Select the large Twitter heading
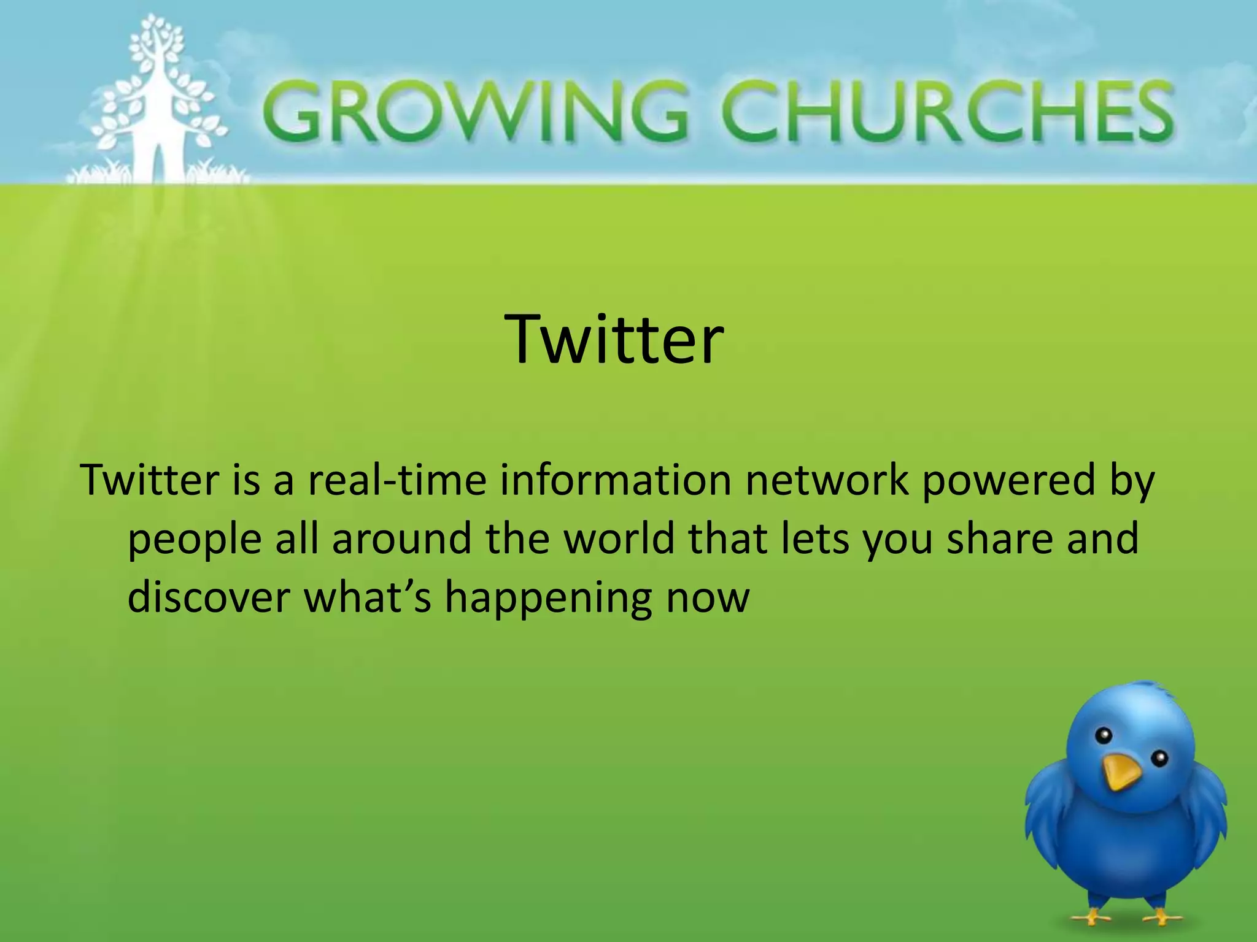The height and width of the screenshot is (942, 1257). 614,339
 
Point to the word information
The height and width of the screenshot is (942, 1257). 615,480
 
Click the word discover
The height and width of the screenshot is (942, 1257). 209,597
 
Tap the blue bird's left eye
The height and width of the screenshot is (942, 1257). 1104,735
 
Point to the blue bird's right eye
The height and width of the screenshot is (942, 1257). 1159,759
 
